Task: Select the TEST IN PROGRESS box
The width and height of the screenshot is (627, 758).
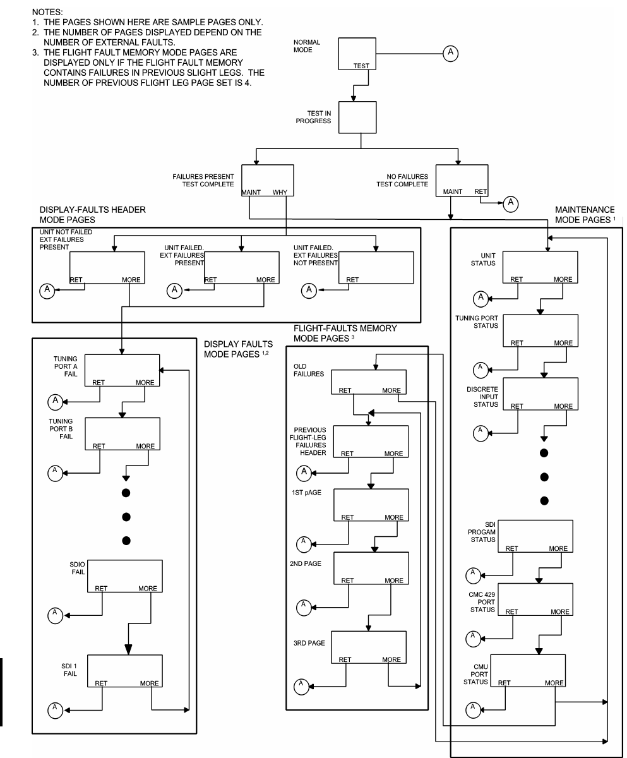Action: (x=357, y=117)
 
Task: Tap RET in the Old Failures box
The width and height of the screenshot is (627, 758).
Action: (x=345, y=390)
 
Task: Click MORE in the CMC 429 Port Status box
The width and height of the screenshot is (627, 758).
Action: (x=559, y=611)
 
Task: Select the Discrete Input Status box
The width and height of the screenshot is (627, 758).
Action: (x=540, y=393)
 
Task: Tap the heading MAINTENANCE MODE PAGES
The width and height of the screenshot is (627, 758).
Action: (x=584, y=214)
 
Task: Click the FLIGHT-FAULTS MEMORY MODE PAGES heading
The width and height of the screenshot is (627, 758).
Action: (x=345, y=334)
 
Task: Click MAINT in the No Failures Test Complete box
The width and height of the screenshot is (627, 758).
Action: (x=452, y=191)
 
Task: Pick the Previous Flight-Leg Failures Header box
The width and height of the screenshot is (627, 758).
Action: (x=371, y=441)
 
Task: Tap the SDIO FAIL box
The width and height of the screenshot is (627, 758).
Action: (x=125, y=575)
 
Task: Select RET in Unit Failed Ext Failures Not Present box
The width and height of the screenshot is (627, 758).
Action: (x=352, y=279)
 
